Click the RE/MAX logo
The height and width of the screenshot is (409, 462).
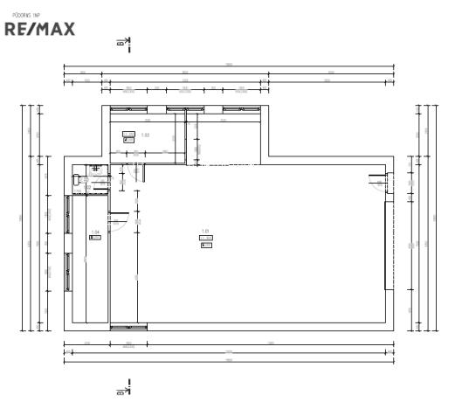[x=39, y=29]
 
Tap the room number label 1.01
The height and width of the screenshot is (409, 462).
[x=205, y=232]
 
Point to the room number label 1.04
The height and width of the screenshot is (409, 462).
[x=94, y=232]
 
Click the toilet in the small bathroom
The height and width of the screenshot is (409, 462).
[x=79, y=178]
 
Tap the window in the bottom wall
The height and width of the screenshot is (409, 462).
[x=128, y=327]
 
